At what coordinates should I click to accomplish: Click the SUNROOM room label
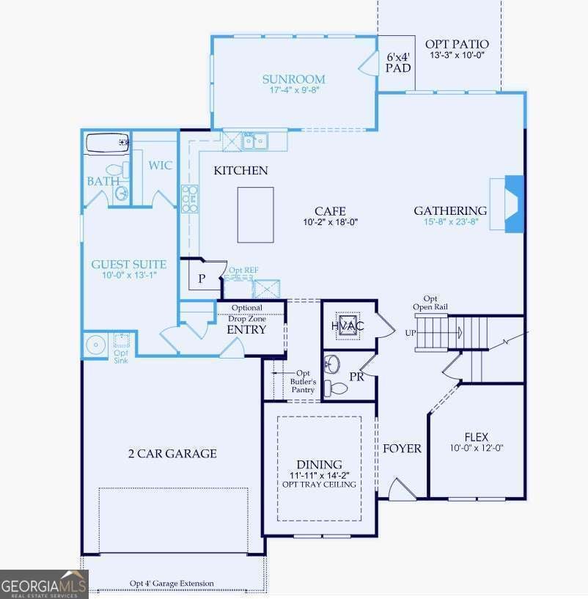pos(293,79)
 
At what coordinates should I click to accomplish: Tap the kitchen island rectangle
pos(255,215)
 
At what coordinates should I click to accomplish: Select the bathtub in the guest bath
pos(107,143)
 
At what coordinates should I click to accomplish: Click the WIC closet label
pos(160,166)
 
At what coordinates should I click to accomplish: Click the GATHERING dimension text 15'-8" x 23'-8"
pos(451,221)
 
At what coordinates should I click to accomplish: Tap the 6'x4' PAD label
pos(398,62)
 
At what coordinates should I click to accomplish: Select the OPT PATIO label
pos(457,44)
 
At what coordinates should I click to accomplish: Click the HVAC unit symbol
pos(348,326)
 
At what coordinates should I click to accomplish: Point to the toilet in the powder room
pos(336,389)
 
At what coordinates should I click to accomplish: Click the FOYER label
pos(402,448)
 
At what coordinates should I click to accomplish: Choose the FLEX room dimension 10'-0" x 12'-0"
pos(477,448)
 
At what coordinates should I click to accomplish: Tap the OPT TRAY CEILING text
pos(319,485)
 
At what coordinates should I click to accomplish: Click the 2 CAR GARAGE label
pos(173,453)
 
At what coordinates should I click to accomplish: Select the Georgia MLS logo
pos(44,584)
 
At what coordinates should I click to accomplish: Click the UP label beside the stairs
pos(411,333)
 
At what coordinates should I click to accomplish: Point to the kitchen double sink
pos(254,142)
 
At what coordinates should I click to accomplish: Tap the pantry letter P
pos(202,279)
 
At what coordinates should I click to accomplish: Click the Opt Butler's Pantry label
pos(303,381)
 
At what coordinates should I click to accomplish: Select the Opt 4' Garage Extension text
pos(172,584)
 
